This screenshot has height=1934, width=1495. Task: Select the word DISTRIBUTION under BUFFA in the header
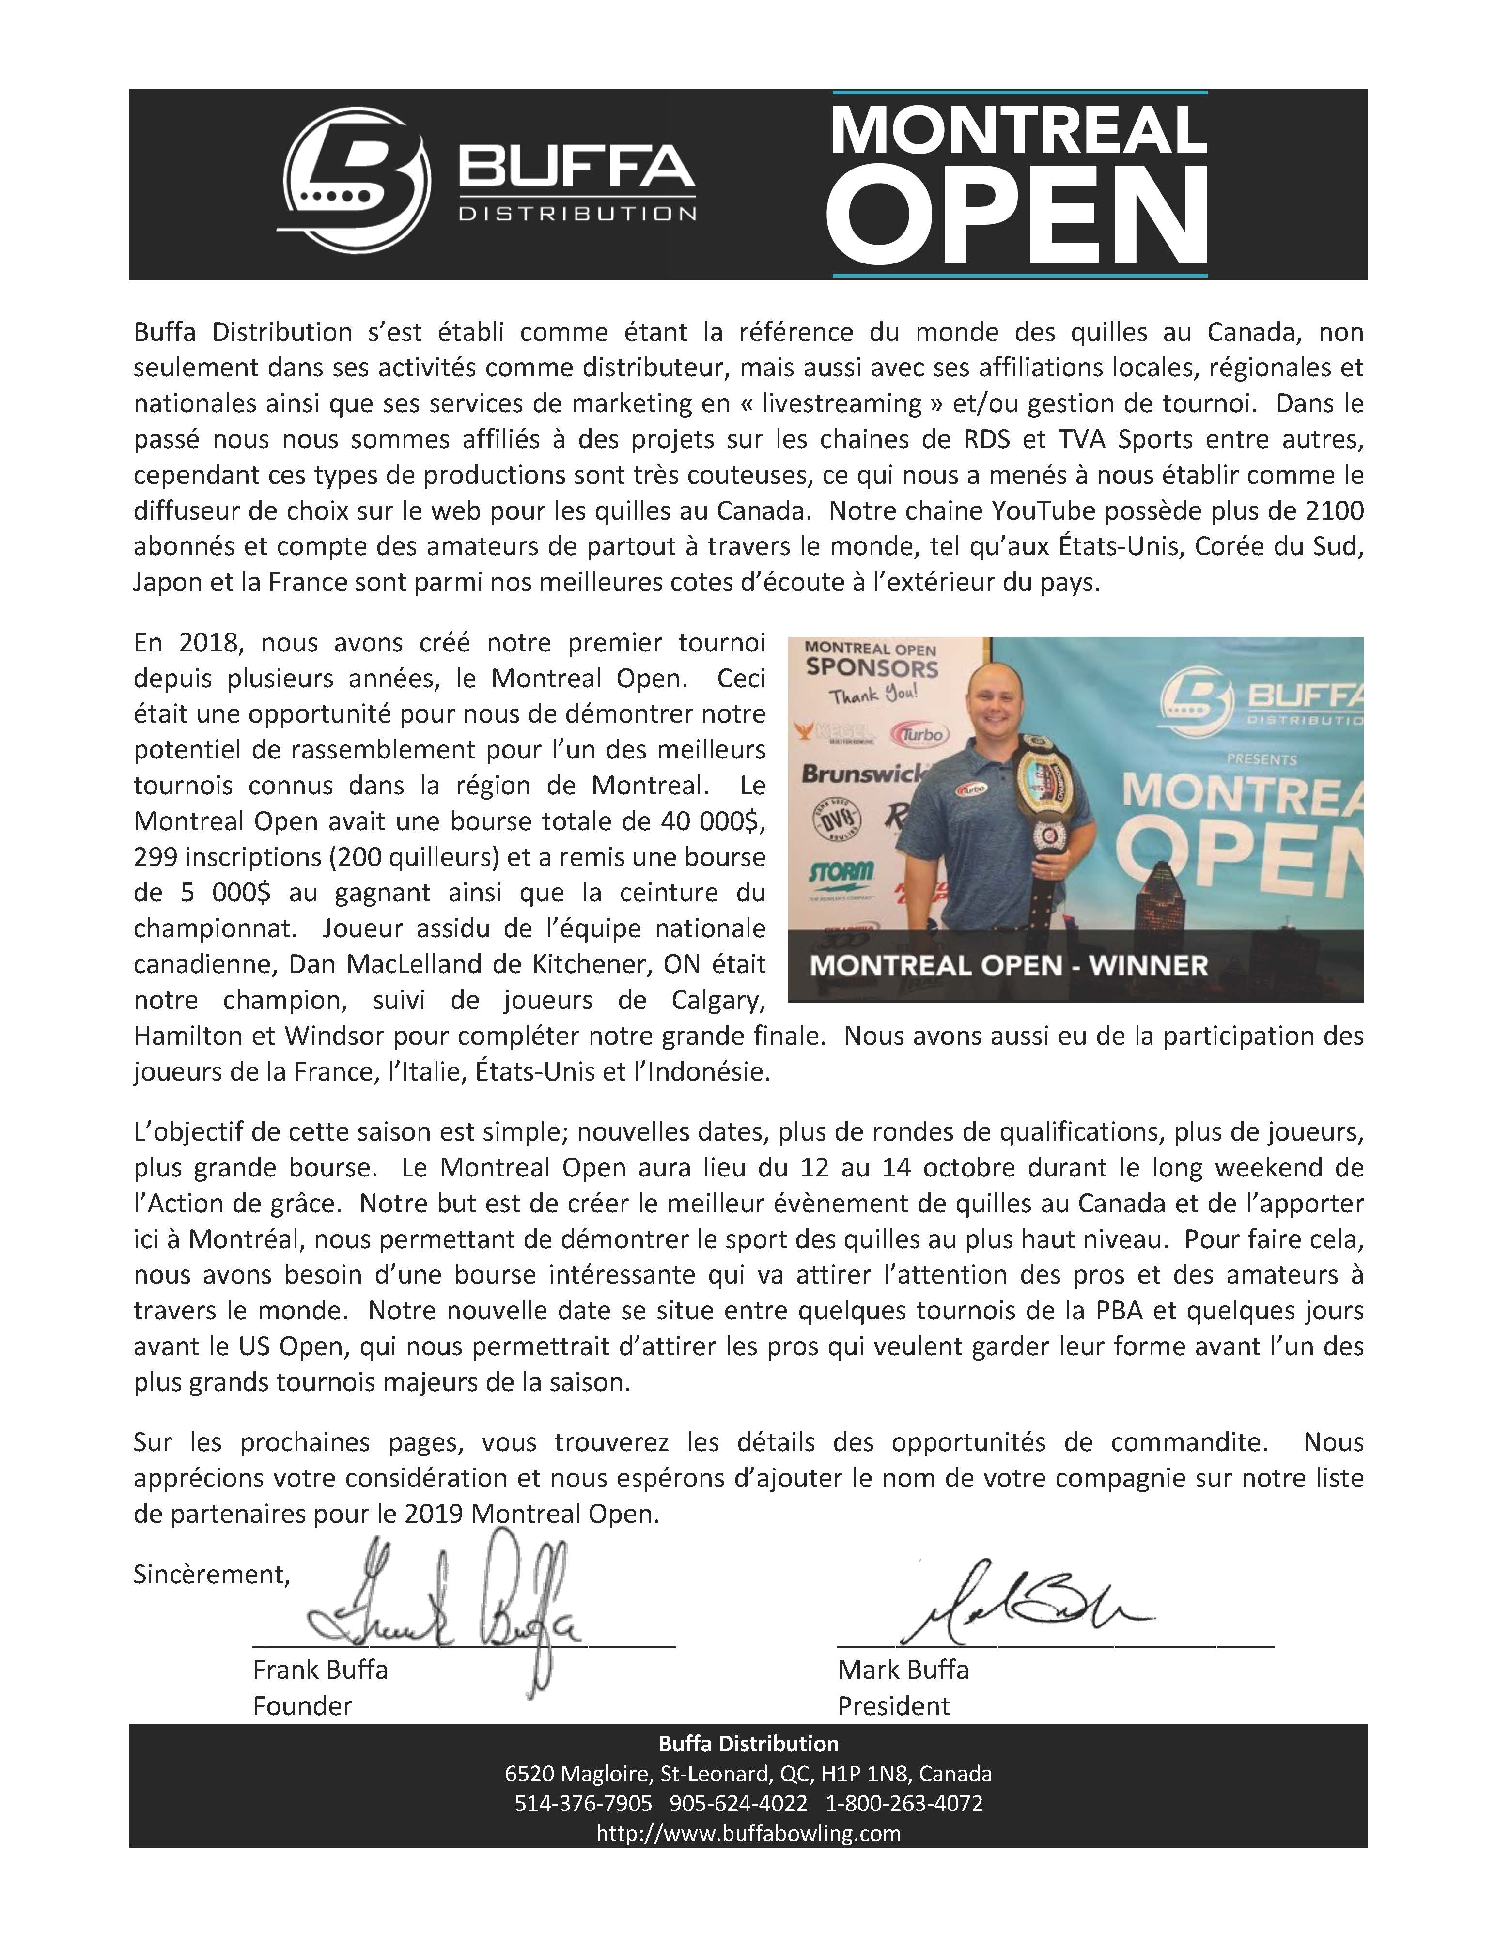576,214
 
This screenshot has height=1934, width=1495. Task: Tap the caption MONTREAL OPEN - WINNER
1009,964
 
